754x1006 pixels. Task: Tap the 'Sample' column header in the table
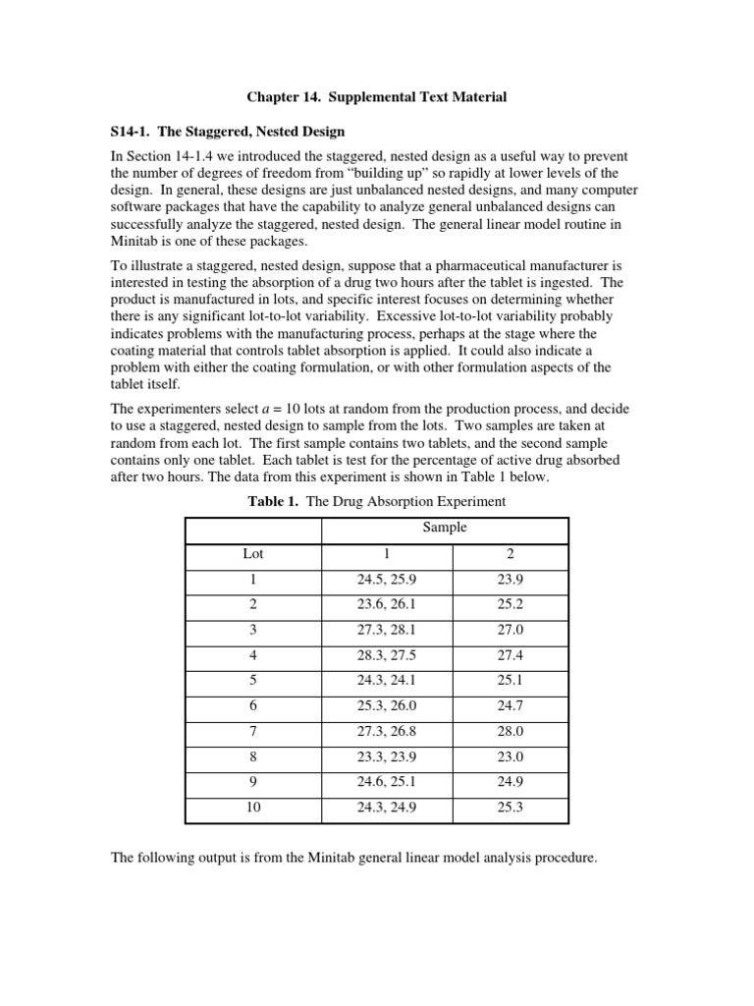coord(445,528)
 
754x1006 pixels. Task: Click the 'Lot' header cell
coord(253,554)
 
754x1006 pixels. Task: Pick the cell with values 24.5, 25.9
coord(386,580)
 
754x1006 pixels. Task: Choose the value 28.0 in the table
coord(510,733)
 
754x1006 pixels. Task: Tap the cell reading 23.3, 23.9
coord(386,758)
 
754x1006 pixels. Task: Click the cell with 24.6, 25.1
coord(386,784)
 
